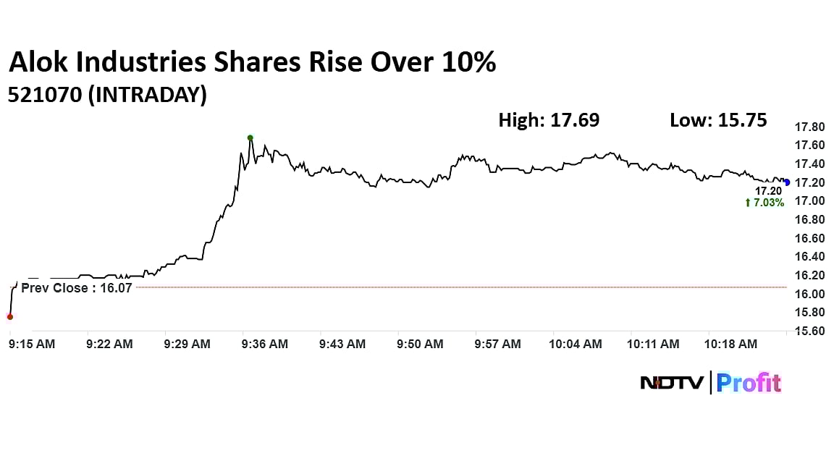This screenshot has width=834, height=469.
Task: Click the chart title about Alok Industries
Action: click(252, 63)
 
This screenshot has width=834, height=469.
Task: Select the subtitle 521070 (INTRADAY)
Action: click(107, 95)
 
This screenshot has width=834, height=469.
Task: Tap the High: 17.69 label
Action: click(549, 120)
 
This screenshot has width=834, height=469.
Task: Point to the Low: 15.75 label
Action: click(718, 120)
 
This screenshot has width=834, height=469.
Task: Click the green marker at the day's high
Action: click(250, 138)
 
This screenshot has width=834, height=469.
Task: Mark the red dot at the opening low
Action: click(9, 316)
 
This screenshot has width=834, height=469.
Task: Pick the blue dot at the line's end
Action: click(787, 182)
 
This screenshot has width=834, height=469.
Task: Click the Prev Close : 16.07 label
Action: click(76, 287)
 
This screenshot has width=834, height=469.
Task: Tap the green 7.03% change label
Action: click(764, 203)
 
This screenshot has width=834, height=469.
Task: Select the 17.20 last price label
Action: click(769, 191)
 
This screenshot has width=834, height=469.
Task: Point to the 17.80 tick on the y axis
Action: click(809, 127)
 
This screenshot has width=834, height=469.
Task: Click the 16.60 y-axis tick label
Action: click(809, 238)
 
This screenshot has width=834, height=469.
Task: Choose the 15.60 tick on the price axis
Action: click(809, 331)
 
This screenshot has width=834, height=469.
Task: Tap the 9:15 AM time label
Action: click(32, 345)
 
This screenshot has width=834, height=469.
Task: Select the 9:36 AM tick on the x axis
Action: click(265, 345)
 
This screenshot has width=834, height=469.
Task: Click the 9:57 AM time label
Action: click(498, 345)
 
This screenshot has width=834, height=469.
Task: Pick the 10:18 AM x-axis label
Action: click(731, 345)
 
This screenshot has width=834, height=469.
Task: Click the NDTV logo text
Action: click(672, 383)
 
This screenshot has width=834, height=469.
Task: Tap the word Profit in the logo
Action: click(749, 382)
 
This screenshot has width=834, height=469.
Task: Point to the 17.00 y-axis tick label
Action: click(809, 200)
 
